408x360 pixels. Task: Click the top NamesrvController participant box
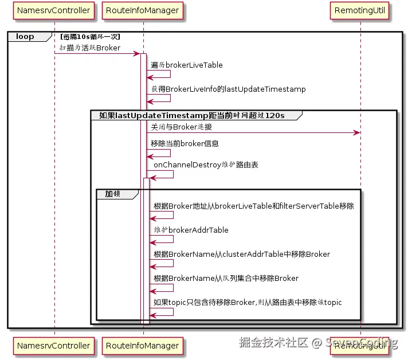(54, 10)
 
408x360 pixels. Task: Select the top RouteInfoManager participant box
(143, 10)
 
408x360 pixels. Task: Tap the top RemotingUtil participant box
(360, 10)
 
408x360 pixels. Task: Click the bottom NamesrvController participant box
(54, 346)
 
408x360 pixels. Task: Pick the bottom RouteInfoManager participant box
(143, 346)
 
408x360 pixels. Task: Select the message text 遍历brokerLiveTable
(187, 65)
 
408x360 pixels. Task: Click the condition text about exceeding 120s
(192, 115)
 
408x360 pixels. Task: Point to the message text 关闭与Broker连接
(181, 127)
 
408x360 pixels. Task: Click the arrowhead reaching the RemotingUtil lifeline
(357, 133)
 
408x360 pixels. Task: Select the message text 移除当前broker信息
(185, 143)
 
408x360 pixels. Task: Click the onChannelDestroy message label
(206, 165)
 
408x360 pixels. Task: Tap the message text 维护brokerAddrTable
(191, 230)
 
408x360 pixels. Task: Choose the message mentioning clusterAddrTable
(241, 254)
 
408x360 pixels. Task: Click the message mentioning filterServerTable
(253, 206)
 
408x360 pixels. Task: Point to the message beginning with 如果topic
(248, 302)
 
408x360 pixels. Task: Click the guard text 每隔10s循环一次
(90, 37)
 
